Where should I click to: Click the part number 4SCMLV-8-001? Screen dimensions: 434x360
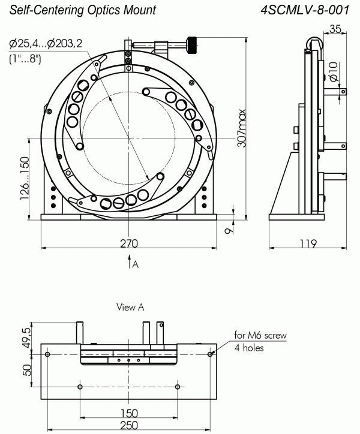click(x=305, y=10)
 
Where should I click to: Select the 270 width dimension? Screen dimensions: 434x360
click(x=129, y=243)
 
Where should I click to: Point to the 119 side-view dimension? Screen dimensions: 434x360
click(x=308, y=243)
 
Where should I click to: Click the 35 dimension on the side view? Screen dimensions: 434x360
click(x=335, y=28)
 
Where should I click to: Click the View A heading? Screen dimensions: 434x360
click(x=131, y=307)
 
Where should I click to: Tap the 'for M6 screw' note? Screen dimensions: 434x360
click(x=260, y=335)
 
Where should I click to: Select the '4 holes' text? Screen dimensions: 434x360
click(x=250, y=348)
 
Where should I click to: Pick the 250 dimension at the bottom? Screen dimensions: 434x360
click(x=129, y=425)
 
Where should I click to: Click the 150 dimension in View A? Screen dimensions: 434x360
click(x=129, y=413)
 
